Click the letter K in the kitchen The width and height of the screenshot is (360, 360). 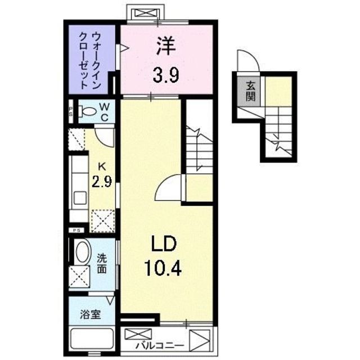click(102, 166)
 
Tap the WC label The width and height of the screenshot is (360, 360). click(104, 111)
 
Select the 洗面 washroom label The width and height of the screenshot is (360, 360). click(102, 264)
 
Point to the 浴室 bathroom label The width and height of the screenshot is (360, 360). click(90, 314)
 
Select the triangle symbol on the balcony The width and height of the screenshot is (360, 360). click(199, 341)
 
